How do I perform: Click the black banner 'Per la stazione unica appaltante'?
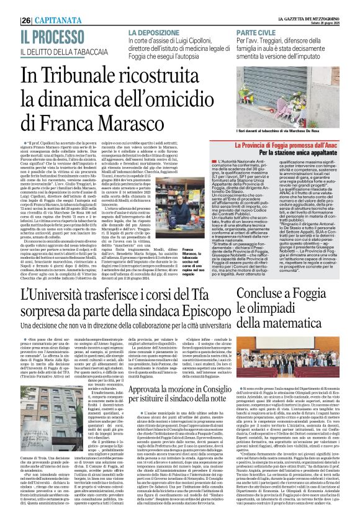[294, 152]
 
